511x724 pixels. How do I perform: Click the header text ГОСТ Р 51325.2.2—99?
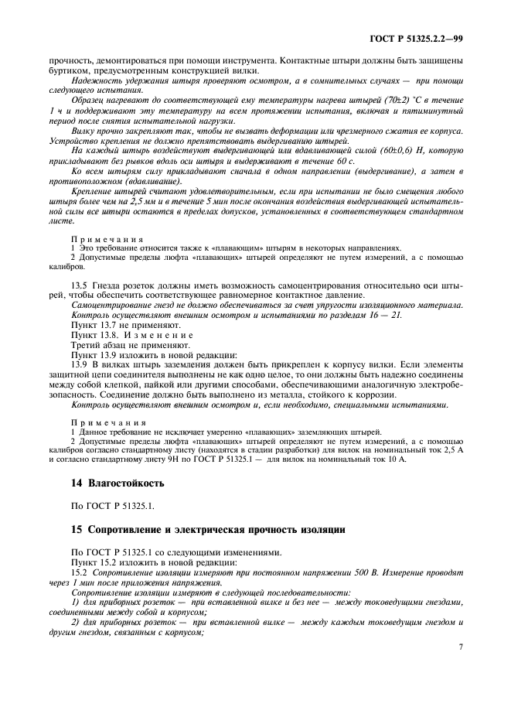click(418, 37)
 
